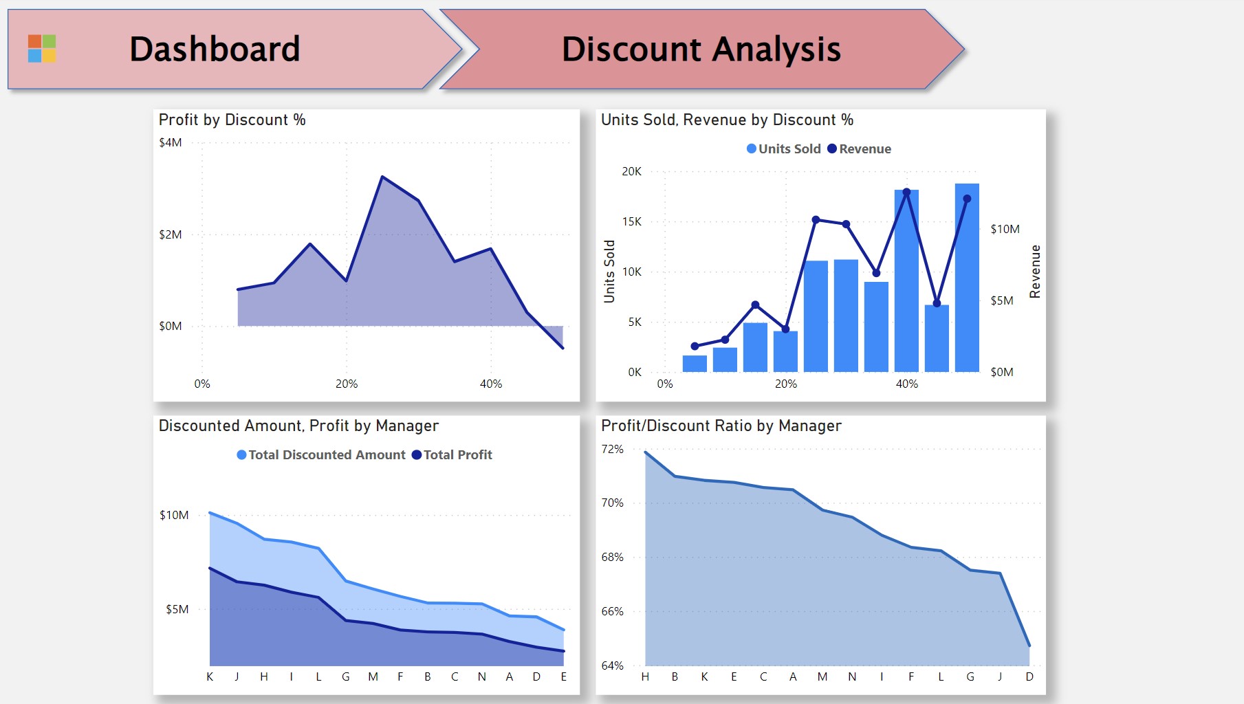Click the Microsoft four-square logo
pyautogui.click(x=42, y=49)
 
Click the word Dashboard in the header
pyautogui.click(x=215, y=49)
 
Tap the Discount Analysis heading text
pyautogui.click(x=701, y=49)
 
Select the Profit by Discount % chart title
pyautogui.click(x=232, y=120)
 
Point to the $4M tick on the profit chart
pyautogui.click(x=171, y=142)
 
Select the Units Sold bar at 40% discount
pyautogui.click(x=906, y=281)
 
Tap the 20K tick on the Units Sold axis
pyautogui.click(x=631, y=171)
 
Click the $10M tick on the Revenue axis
pyautogui.click(x=1005, y=229)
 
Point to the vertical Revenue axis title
pyautogui.click(x=1035, y=272)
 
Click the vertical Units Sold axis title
pyautogui.click(x=609, y=272)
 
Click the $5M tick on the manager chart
pyautogui.click(x=177, y=609)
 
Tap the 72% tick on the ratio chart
pyautogui.click(x=612, y=449)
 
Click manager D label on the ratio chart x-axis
pyautogui.click(x=1029, y=676)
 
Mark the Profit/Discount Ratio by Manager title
pyautogui.click(x=721, y=426)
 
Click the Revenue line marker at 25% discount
pyautogui.click(x=816, y=220)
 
